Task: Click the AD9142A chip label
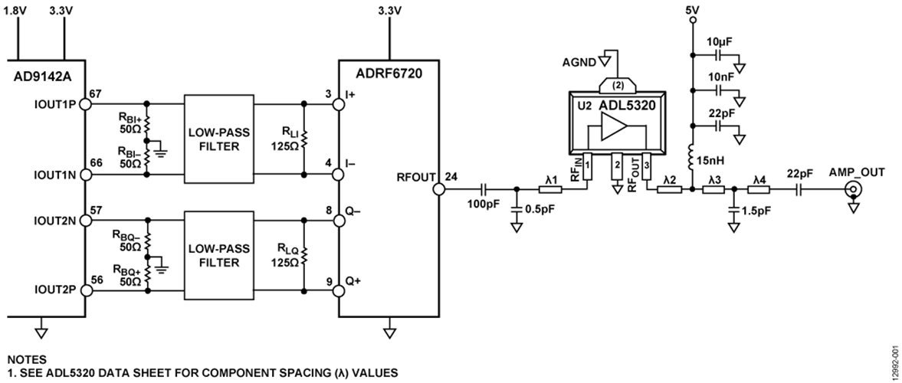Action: (x=43, y=77)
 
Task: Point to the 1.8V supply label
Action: (x=18, y=12)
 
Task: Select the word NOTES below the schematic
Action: (x=26, y=359)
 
